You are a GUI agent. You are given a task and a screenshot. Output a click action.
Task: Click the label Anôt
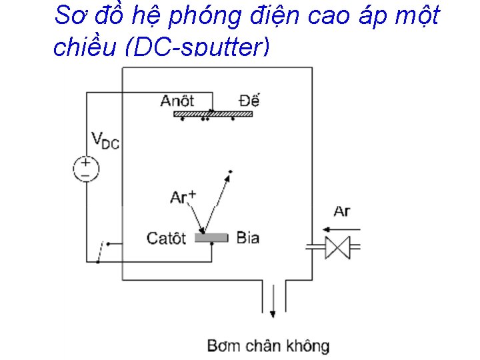point(177,101)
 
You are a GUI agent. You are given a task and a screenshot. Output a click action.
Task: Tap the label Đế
point(249,101)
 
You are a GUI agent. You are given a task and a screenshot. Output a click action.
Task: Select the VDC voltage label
point(105,141)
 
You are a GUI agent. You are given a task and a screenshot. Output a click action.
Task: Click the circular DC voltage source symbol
point(86,168)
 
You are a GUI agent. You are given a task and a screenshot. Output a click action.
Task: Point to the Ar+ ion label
point(183,197)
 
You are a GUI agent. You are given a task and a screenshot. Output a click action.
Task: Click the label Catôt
point(166,238)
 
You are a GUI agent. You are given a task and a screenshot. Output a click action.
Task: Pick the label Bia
point(247,237)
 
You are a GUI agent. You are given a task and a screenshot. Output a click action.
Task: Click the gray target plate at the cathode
point(211,237)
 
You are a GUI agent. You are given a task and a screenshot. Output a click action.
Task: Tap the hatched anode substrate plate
point(213,115)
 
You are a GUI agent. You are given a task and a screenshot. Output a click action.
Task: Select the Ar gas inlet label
point(341,211)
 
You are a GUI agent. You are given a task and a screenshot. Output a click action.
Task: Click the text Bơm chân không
point(268,345)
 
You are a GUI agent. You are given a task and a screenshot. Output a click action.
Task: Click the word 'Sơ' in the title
point(70,15)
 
